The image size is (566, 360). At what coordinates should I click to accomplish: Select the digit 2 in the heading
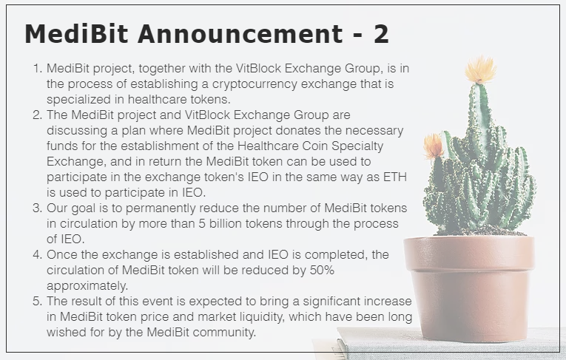[x=380, y=35]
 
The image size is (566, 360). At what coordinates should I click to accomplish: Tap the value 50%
[x=320, y=270]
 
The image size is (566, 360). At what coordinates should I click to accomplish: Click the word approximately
[x=87, y=285]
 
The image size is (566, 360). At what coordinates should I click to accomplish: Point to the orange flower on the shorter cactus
[x=434, y=146]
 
